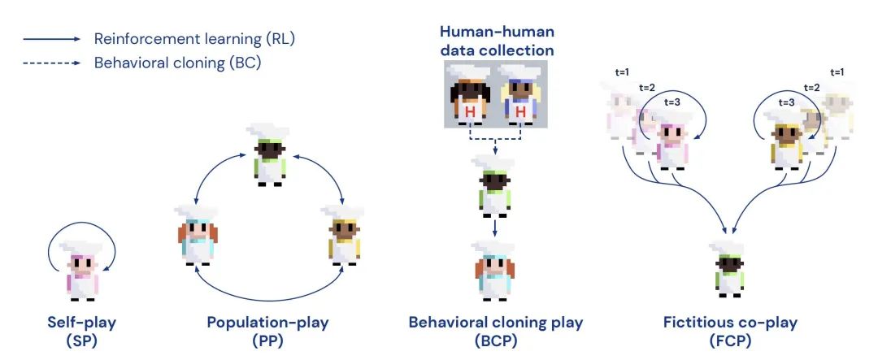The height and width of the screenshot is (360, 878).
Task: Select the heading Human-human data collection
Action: [x=497, y=41]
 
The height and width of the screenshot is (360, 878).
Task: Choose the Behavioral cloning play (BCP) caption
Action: [x=496, y=330]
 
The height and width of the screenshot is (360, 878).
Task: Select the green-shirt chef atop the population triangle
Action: [x=267, y=154]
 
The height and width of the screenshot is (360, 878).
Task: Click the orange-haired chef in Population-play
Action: [x=195, y=236]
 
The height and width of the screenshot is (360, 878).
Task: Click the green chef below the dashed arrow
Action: [x=494, y=186]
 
